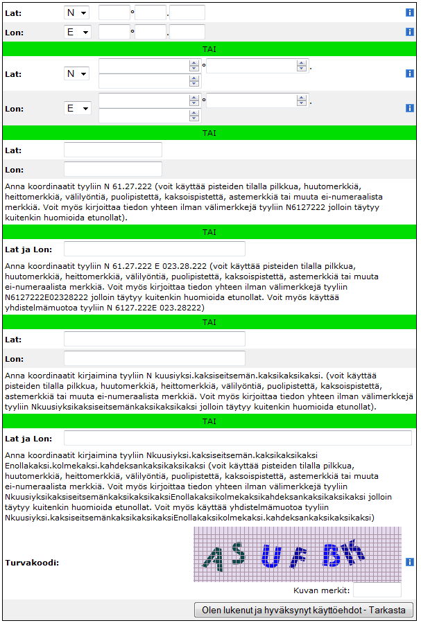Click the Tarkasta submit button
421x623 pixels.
coord(304,610)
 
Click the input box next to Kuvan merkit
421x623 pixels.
coord(377,590)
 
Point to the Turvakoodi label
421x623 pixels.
coord(31,562)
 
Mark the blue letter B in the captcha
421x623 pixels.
coord(332,554)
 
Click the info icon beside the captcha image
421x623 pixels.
coord(410,562)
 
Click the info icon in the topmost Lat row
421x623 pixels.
coord(410,12)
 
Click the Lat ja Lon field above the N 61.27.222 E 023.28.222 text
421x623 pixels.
coord(155,249)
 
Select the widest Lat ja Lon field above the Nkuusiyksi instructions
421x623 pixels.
coord(237,438)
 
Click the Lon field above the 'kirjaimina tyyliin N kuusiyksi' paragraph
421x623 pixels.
coord(155,358)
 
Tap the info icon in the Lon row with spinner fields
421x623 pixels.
coord(410,108)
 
